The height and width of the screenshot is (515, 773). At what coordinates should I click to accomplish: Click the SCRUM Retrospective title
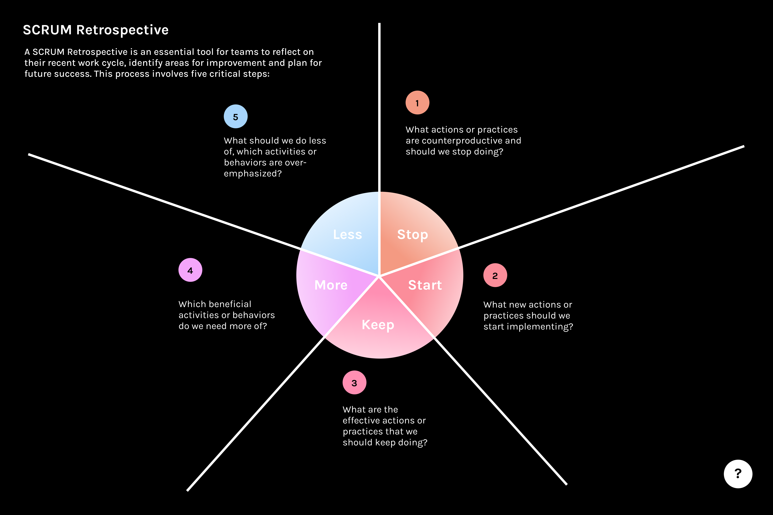[96, 30]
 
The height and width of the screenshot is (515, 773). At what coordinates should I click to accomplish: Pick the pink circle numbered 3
[354, 383]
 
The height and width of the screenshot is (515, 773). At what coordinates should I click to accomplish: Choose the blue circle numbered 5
[236, 117]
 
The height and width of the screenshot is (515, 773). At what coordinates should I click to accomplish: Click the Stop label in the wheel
[412, 234]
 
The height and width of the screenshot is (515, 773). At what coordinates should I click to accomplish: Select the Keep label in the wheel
[378, 325]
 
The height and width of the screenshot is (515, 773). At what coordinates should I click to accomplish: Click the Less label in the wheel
[347, 234]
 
